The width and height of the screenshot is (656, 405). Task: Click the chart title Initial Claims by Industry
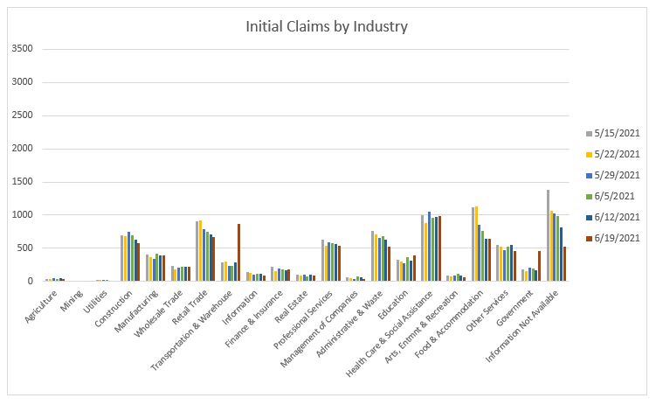[327, 26]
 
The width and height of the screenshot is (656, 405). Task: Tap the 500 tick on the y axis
[25, 248]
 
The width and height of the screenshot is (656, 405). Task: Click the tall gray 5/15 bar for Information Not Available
[548, 235]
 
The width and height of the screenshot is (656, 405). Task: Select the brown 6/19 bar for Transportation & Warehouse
[238, 253]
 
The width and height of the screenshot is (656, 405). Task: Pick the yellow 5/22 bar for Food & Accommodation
[476, 244]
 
